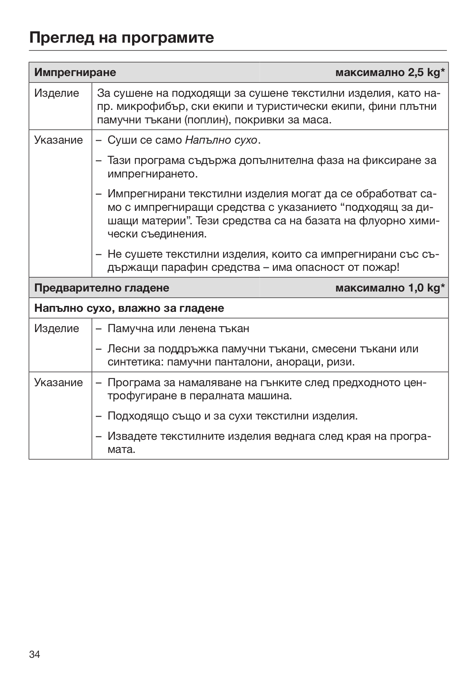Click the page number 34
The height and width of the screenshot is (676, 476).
click(35, 655)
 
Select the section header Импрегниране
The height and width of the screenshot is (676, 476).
click(75, 73)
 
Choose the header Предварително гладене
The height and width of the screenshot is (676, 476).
click(102, 288)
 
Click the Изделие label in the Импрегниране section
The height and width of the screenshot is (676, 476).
click(57, 93)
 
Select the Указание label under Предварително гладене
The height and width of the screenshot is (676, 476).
click(59, 382)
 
